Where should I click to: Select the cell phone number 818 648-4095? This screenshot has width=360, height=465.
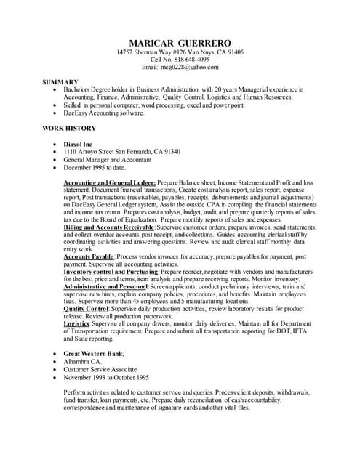[x=190, y=60]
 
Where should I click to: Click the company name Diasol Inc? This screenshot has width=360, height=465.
[x=79, y=144]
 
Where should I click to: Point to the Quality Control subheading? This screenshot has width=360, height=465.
[x=87, y=308]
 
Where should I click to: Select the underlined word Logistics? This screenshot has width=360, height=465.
[x=76, y=323]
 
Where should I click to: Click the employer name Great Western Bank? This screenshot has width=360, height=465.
[x=93, y=353]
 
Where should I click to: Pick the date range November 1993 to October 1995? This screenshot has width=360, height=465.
[x=106, y=377]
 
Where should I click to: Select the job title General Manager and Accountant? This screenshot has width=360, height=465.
[x=107, y=159]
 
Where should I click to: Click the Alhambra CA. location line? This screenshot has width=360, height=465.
[x=82, y=361]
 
